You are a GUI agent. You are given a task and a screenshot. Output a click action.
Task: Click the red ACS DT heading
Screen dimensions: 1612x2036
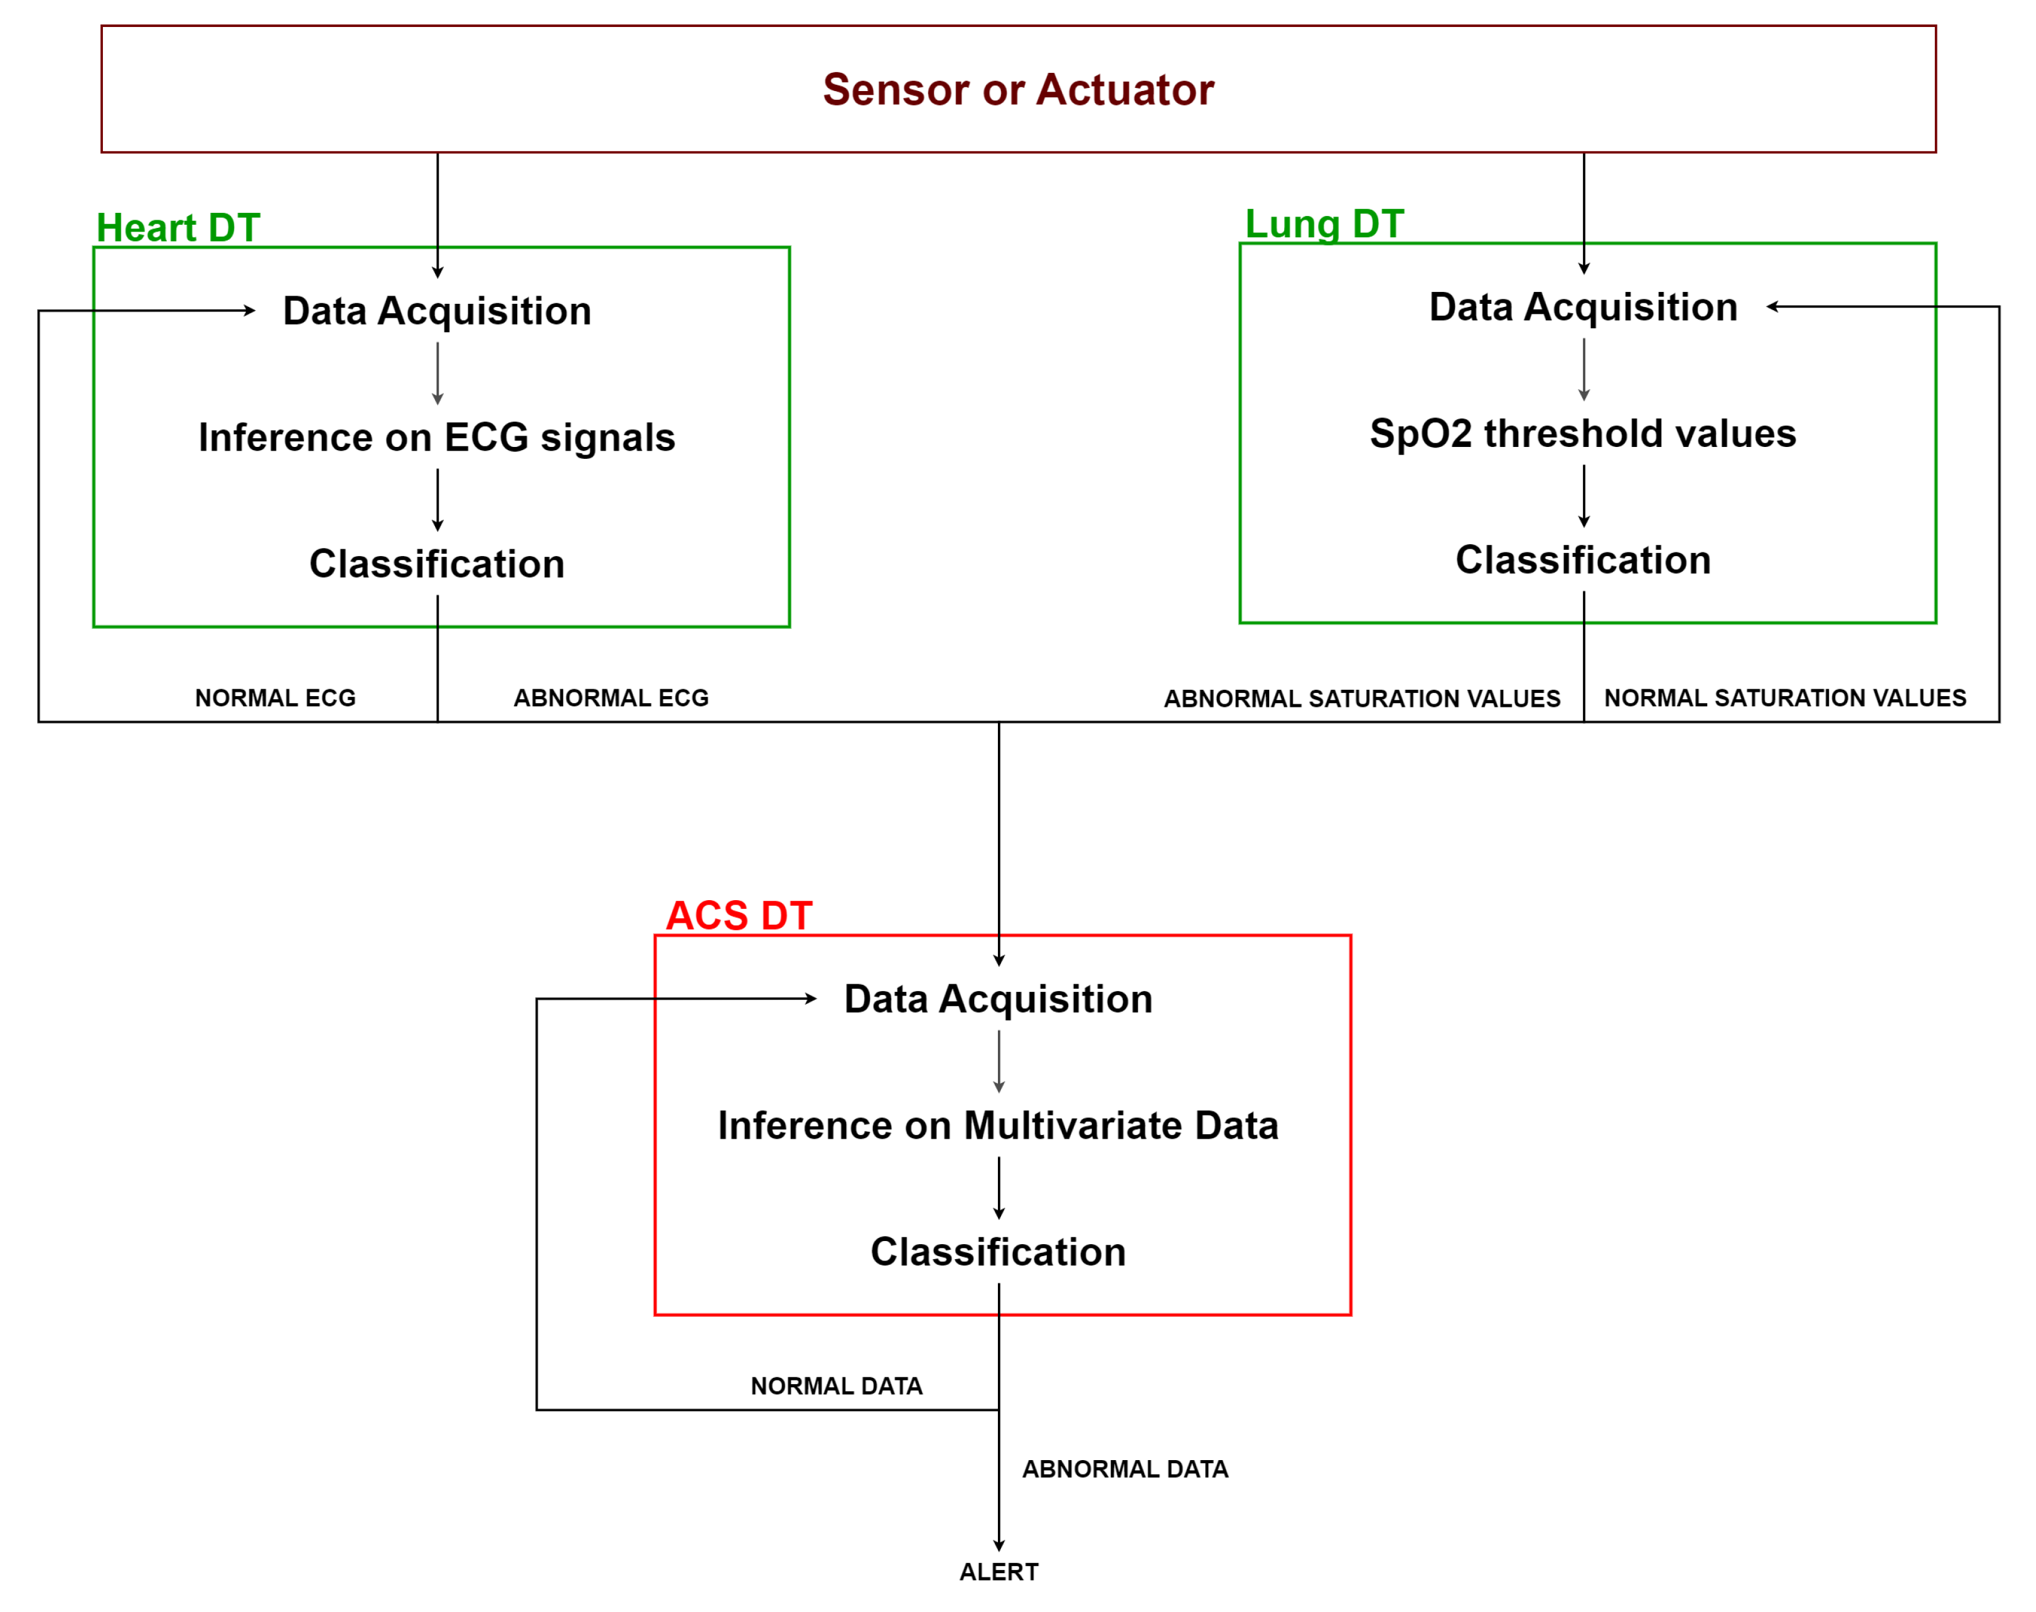coord(739,915)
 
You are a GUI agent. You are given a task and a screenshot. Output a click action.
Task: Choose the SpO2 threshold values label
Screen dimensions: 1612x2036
coord(1582,433)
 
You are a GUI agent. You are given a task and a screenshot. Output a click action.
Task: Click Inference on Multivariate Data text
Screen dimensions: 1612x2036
coord(997,1125)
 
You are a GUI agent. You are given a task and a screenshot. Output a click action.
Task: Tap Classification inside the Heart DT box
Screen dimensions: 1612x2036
coord(437,564)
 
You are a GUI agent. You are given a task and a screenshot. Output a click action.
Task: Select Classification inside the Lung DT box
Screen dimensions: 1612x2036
coord(1582,560)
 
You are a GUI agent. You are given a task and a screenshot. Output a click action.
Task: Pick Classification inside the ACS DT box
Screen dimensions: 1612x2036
coord(997,1252)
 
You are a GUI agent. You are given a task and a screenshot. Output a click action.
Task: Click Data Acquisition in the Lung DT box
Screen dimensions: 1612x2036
coord(1582,307)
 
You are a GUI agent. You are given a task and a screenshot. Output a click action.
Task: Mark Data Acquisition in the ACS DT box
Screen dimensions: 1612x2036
coord(997,999)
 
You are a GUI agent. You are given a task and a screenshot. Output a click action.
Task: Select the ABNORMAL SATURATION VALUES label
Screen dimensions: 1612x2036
coord(1361,699)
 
